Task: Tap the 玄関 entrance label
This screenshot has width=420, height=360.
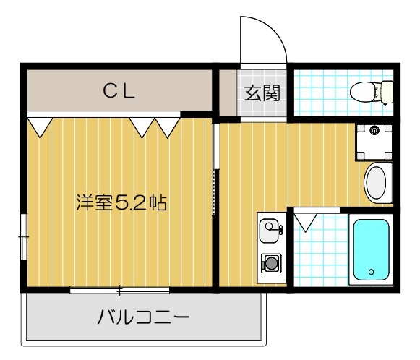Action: pos(262,93)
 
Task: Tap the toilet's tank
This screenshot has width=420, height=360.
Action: pos(387,92)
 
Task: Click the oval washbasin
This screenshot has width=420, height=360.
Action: pos(377,184)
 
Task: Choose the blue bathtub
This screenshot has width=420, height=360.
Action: pos(371,251)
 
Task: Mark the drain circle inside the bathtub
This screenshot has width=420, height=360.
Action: pos(371,273)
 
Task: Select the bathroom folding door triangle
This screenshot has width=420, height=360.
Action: pos(304,220)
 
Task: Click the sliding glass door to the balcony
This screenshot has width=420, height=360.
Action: pos(120,290)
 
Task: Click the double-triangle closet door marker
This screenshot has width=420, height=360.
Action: pos(155,127)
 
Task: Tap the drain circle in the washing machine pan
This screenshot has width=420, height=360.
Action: pos(374,131)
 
